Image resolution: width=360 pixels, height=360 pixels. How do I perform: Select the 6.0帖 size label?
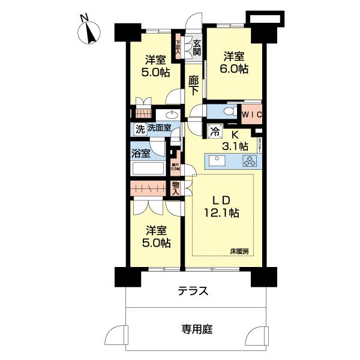tap(235, 69)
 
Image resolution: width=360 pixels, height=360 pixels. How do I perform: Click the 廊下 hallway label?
tap(193, 85)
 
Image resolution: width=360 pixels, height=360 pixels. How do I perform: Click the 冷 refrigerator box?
tap(214, 131)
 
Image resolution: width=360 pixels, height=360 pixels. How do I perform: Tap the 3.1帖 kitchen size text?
tap(236, 146)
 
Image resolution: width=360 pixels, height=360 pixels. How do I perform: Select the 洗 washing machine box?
tap(139, 128)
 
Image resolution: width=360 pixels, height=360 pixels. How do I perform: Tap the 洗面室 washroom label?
tap(159, 128)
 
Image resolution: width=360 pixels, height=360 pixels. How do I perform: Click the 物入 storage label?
tap(175, 188)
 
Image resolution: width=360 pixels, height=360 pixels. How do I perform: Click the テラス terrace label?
tap(193, 292)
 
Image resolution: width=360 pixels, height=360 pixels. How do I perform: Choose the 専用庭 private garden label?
tap(193, 329)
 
